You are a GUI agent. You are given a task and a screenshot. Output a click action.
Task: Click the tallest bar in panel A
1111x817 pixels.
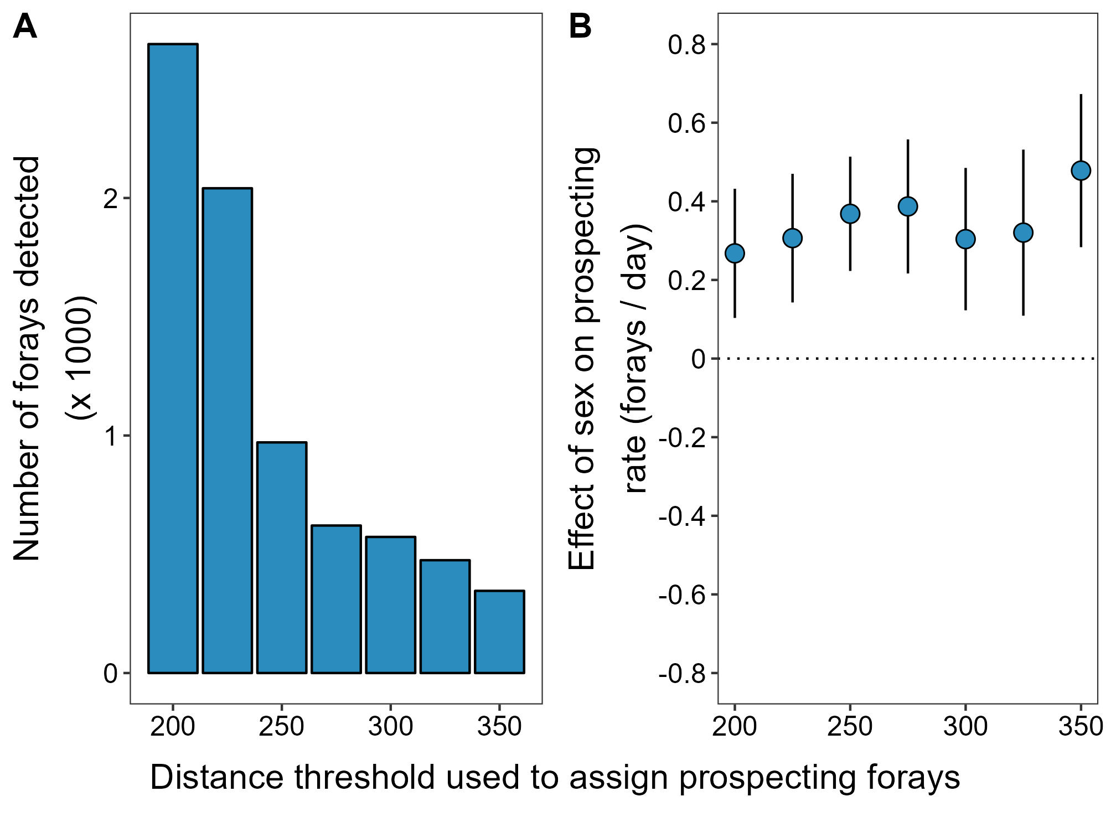tap(173, 358)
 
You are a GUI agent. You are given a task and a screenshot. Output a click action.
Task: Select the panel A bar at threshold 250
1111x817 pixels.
tap(282, 557)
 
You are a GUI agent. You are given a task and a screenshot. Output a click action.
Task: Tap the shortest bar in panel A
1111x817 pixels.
tap(499, 632)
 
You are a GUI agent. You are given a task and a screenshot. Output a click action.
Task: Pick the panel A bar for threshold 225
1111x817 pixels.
tap(228, 430)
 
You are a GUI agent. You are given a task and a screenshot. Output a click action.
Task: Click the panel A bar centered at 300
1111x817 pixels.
tap(391, 604)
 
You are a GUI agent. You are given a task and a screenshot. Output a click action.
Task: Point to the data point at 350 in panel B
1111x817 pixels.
tap(1081, 170)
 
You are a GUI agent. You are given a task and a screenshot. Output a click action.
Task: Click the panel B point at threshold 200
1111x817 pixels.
tap(735, 254)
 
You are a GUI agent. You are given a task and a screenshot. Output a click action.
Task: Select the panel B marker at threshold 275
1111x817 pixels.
tap(908, 206)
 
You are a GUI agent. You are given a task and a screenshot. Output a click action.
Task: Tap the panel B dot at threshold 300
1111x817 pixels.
tap(965, 239)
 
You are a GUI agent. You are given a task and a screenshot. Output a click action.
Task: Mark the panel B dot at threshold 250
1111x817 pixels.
tap(850, 214)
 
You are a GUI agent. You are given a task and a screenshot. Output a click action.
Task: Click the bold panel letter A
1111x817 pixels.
tap(25, 27)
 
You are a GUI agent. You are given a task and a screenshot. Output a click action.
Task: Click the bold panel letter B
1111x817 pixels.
tap(580, 27)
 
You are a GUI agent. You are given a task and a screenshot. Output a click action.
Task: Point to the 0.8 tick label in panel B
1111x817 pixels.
tap(686, 45)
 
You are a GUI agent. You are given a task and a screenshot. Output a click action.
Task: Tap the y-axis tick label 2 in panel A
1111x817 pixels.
tap(110, 199)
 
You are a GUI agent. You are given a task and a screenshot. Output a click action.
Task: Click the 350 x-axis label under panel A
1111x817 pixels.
tap(499, 726)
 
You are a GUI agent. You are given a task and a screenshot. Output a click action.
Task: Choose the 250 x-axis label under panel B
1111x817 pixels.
tap(850, 726)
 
